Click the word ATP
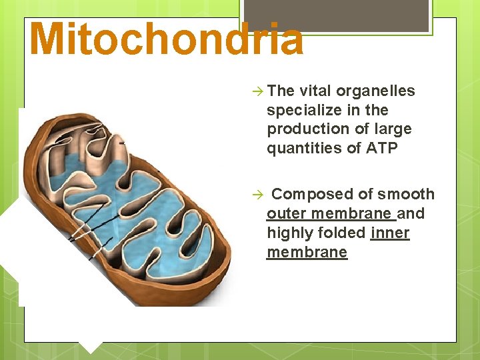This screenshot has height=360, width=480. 382,148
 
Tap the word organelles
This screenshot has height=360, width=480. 376,91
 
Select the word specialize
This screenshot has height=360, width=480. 301,110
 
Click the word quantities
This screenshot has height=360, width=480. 304,148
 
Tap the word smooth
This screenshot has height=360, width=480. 406,194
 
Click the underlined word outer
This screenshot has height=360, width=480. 286,213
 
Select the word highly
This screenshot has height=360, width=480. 287,233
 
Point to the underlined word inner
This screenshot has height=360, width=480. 390,233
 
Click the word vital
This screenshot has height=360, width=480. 315,91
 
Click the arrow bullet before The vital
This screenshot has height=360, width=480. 258,91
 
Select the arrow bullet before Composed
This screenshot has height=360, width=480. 258,195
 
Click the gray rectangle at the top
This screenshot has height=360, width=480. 336,15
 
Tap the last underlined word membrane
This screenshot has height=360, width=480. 307,252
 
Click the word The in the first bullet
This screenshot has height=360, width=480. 281,91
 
